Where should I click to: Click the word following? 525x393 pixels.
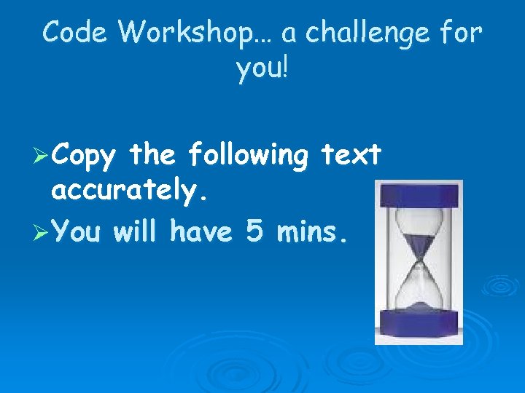coord(248,156)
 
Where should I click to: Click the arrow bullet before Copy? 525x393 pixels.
coord(42,156)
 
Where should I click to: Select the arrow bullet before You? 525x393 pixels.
coord(42,232)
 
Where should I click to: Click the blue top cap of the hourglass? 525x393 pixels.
coord(418,194)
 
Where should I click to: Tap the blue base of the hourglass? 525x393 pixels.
coord(419,322)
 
